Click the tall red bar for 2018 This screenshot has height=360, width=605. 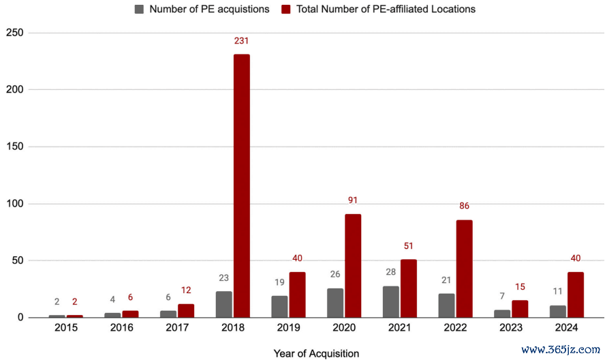[x=241, y=185]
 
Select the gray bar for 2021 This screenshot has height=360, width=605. [x=390, y=301]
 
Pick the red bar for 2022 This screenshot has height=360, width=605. [x=464, y=269]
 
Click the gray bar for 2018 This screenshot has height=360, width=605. [x=223, y=304]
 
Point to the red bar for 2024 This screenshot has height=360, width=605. [x=576, y=295]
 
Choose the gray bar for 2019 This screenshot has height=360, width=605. [x=279, y=306]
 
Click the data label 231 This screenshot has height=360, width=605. [x=241, y=41]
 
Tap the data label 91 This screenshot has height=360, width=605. [x=353, y=200]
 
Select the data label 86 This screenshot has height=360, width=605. [x=464, y=206]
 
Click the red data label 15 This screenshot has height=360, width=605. [x=520, y=287]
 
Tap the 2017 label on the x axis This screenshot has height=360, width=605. [x=177, y=328]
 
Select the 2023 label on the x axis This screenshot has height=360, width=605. [x=511, y=328]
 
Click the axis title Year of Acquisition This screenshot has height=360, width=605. [x=316, y=354]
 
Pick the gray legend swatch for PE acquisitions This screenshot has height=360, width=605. [x=140, y=10]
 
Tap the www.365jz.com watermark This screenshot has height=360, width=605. [x=561, y=349]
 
